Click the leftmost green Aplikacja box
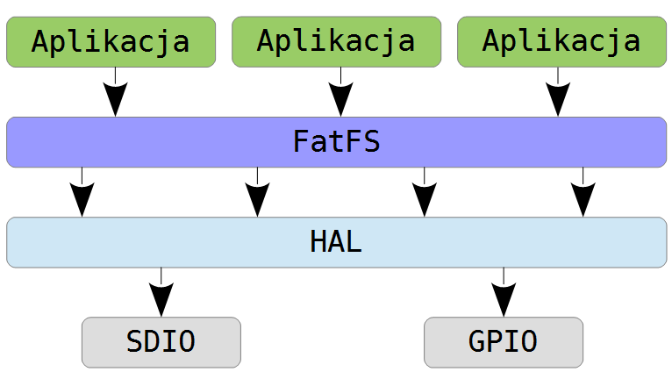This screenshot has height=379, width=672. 111,42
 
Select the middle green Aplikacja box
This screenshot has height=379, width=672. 336,42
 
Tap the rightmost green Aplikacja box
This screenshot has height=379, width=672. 561,42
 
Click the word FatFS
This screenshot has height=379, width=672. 336,141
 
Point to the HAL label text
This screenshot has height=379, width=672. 336,242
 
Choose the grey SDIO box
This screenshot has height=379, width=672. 161,342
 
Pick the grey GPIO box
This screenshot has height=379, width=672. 504,342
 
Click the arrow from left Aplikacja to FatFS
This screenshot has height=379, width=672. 115,92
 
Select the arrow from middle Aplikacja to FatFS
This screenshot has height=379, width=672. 340,92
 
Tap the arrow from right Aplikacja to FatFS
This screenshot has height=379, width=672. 558,92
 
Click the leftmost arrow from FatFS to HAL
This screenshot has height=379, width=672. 82,192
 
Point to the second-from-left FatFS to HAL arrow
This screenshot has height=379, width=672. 258,192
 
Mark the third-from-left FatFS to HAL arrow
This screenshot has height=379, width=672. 425,192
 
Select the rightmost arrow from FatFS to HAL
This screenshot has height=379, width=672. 583,192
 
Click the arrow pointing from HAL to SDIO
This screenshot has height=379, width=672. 161,292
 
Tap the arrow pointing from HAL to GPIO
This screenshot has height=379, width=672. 504,292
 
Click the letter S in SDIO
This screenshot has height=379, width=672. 135,341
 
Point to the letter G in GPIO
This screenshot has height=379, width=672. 477,341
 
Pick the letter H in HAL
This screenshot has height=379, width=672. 318,242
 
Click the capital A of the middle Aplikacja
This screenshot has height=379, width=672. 266,40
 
